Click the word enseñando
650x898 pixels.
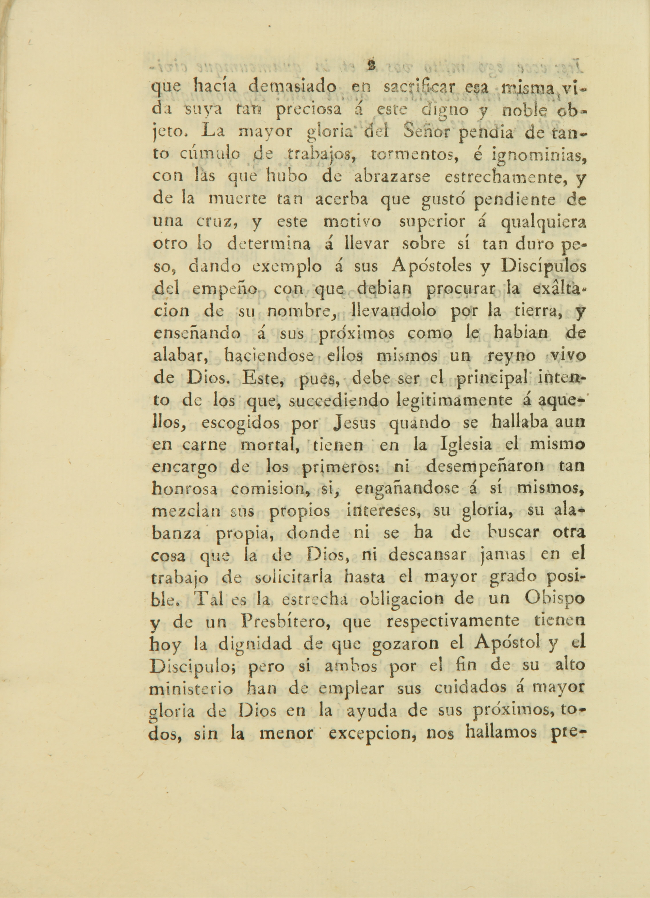[197, 334]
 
